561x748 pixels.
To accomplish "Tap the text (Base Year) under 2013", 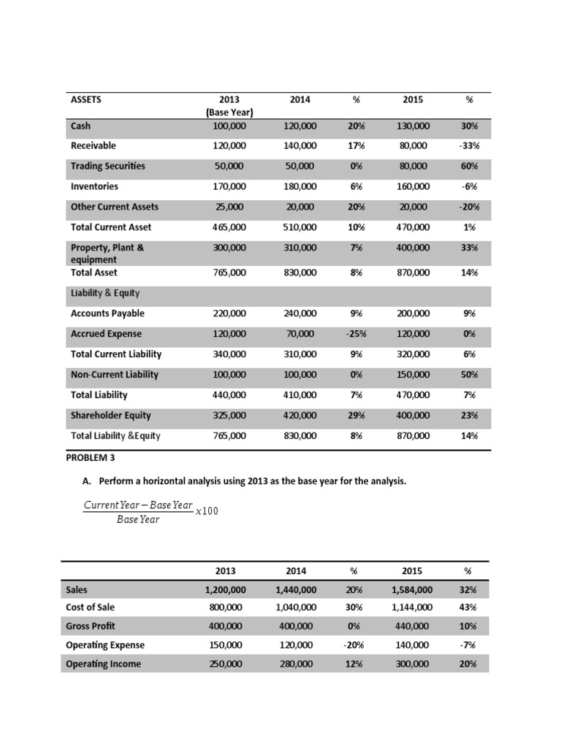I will tap(229, 112).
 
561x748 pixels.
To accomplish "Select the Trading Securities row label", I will tap(107, 166).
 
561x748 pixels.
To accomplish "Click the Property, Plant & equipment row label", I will tap(107, 253).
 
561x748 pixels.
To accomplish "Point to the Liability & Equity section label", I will tap(105, 294).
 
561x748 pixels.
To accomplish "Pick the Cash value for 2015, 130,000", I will tap(413, 126).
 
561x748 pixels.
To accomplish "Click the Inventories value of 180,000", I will tap(300, 186).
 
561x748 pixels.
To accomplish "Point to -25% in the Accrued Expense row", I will tap(355, 334).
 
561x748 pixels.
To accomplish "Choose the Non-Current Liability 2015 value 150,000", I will tap(413, 375).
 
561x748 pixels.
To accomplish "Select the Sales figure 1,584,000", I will tap(412, 589).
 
